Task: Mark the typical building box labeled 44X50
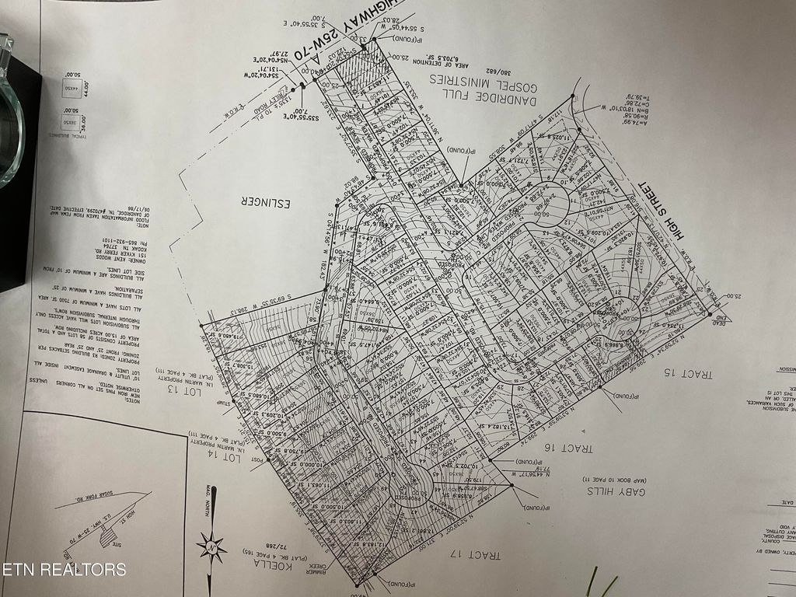click(x=71, y=88)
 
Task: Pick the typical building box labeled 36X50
click(x=71, y=124)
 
